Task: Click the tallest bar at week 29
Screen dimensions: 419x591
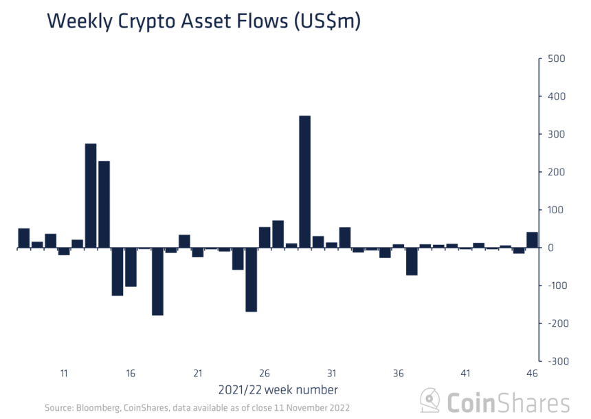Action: point(305,182)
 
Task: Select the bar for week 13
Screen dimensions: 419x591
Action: point(91,195)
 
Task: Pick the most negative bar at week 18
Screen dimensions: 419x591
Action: point(157,281)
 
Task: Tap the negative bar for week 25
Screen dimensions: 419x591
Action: point(252,279)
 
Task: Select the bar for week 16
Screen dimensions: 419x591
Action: point(131,267)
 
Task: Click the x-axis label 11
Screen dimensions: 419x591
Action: point(64,374)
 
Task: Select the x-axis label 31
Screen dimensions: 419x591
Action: point(332,374)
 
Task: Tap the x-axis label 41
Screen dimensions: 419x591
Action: point(465,374)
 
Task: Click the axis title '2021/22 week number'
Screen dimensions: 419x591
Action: point(278,390)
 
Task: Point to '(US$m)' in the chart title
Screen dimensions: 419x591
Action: point(326,22)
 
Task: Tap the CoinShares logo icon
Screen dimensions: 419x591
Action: point(430,401)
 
